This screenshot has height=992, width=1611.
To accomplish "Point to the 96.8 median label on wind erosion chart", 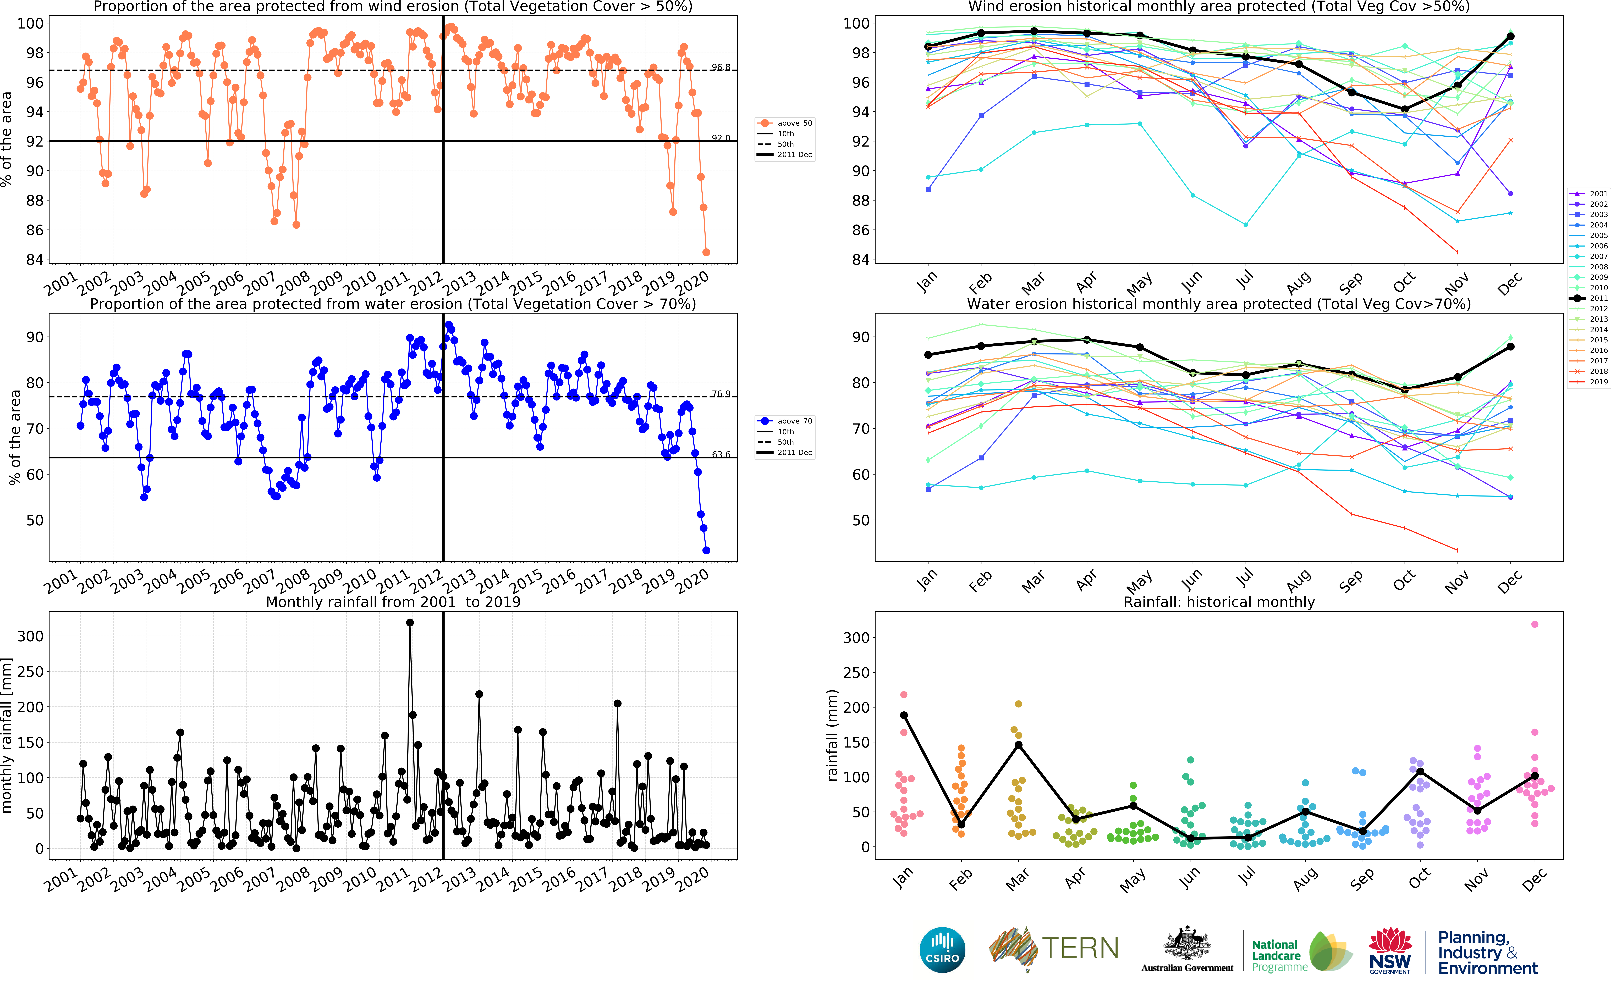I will coord(721,68).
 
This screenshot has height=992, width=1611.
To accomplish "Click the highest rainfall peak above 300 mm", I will coord(410,623).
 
